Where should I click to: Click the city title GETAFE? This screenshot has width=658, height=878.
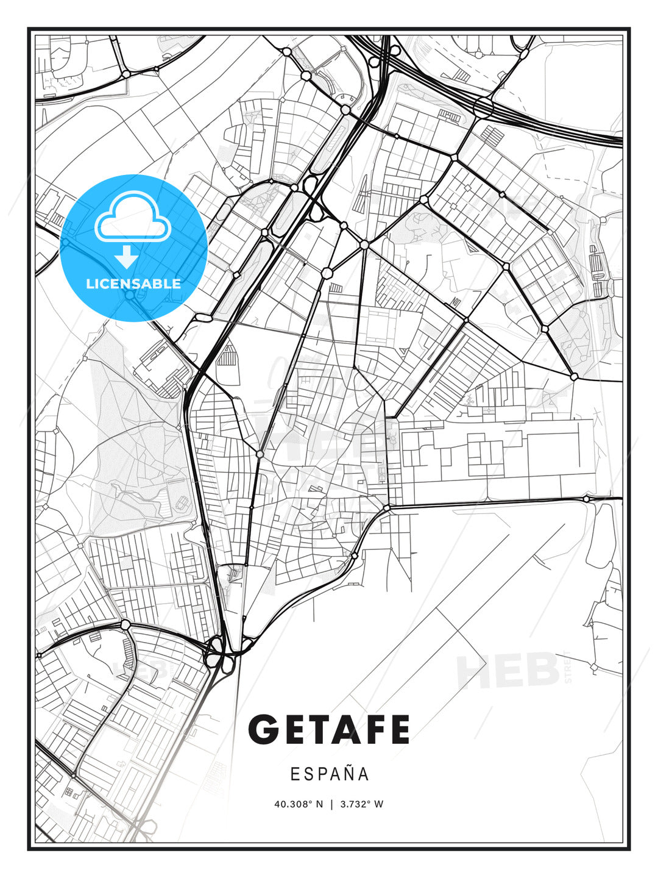click(328, 729)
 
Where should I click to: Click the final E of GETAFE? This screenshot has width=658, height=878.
click(398, 729)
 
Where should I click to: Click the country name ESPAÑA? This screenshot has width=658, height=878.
click(329, 774)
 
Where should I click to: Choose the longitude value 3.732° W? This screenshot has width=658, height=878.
click(362, 804)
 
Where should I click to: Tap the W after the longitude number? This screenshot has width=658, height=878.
click(379, 804)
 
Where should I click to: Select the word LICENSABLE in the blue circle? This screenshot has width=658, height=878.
click(133, 284)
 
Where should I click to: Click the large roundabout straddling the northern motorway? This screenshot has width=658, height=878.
click(483, 107)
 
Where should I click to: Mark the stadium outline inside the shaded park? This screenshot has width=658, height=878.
click(182, 502)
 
